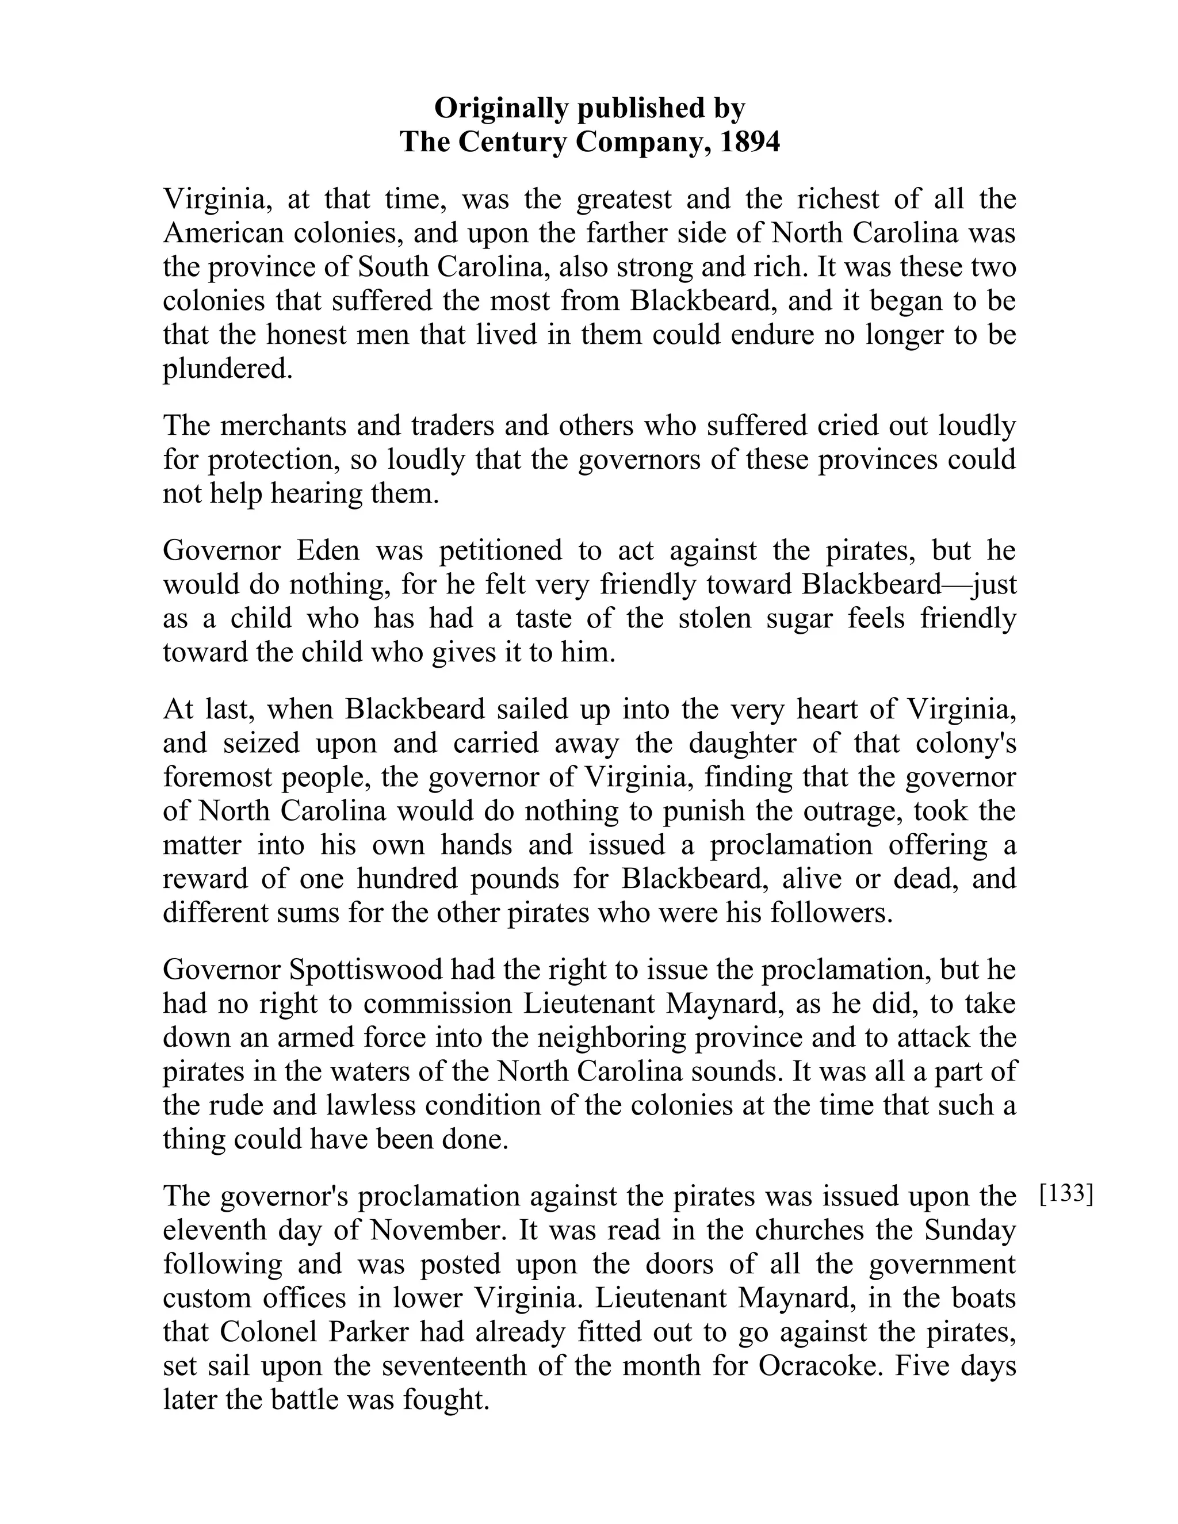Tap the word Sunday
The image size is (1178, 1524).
970,1230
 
